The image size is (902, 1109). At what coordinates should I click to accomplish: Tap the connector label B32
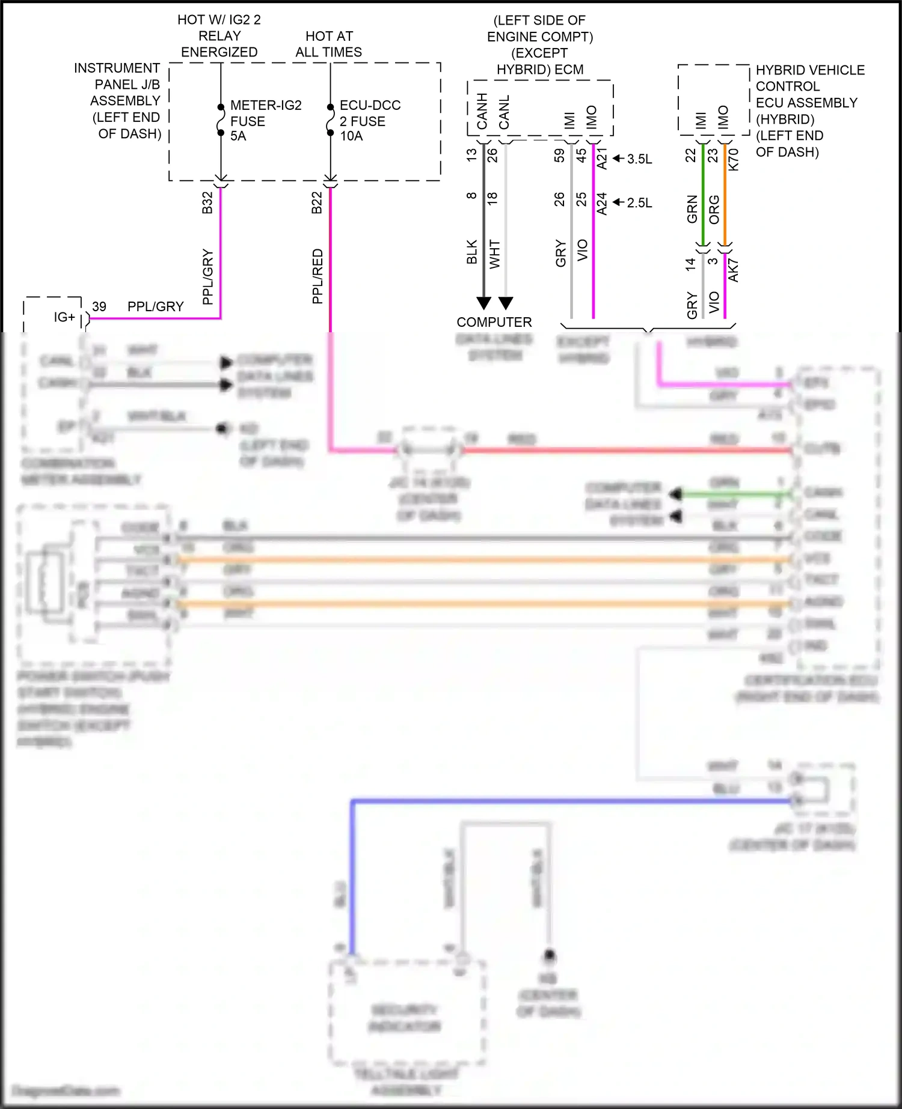207,202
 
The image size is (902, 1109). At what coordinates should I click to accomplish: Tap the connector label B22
317,202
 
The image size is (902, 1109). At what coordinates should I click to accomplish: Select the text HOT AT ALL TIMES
329,44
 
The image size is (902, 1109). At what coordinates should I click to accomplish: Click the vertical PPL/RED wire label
318,276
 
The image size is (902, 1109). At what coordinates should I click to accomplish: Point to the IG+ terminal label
64,317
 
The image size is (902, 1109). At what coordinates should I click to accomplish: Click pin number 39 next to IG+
99,306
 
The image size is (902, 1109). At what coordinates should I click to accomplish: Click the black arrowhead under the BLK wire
483,303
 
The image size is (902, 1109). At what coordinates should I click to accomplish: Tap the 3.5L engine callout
639,159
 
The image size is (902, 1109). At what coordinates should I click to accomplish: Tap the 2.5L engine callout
639,203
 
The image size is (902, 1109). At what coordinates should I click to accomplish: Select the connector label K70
733,159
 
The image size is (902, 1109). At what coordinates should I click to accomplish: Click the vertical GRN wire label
692,209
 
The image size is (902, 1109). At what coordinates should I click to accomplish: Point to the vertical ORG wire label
714,209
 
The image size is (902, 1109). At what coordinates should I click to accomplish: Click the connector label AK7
733,271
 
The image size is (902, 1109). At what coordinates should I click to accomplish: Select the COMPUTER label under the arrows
494,322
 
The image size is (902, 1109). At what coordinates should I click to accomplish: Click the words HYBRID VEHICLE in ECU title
810,70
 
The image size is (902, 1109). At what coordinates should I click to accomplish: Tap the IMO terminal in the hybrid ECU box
723,117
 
